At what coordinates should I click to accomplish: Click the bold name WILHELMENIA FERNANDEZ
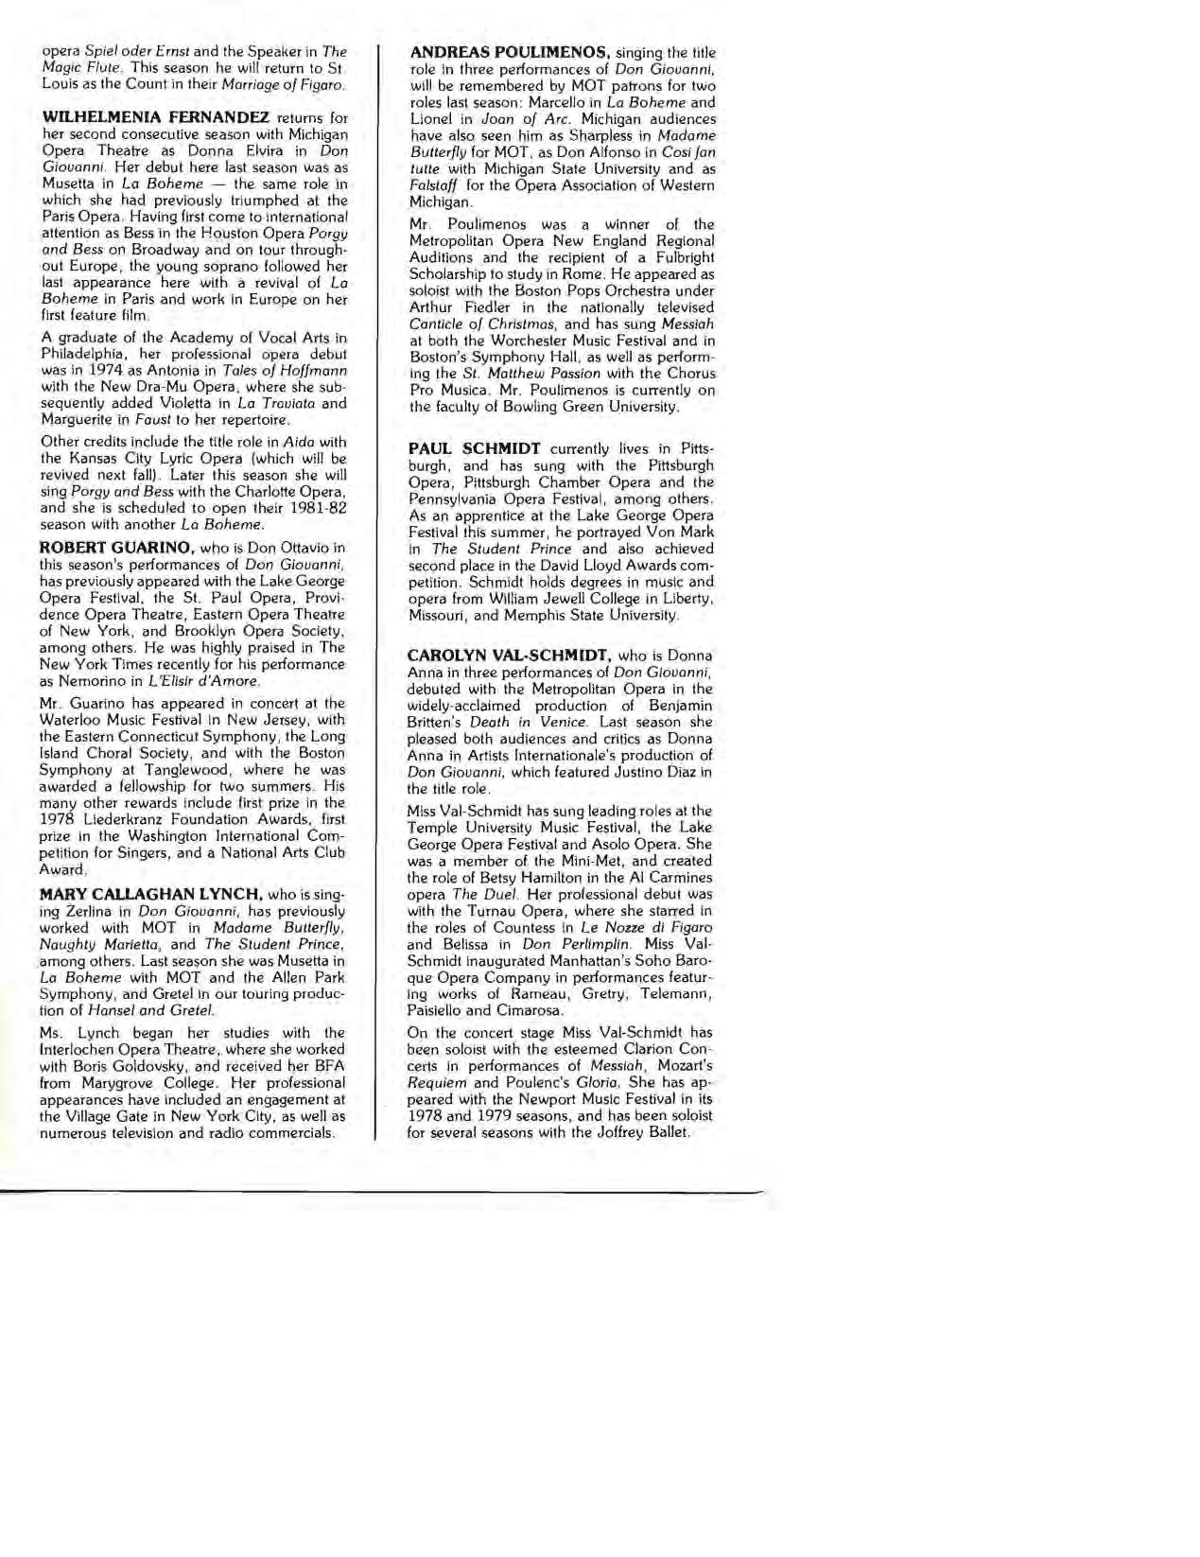pyautogui.click(x=154, y=118)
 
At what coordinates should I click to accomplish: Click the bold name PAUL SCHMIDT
pyautogui.click(x=474, y=448)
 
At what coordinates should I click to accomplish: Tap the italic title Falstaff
pyautogui.click(x=431, y=185)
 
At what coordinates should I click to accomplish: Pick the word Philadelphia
pyautogui.click(x=81, y=355)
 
